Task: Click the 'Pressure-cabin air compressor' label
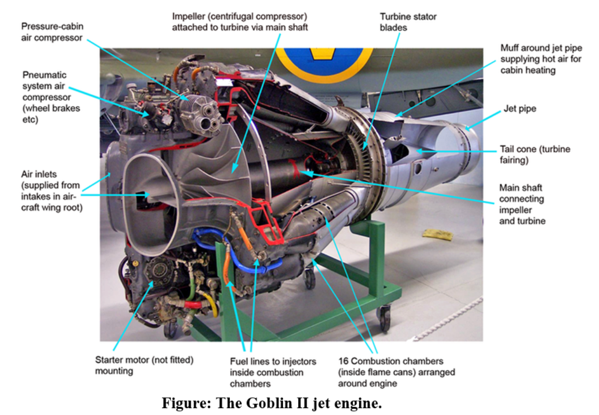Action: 52,32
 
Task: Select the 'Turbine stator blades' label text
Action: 408,22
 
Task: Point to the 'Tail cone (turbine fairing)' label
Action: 535,154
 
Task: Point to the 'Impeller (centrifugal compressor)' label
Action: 240,22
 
